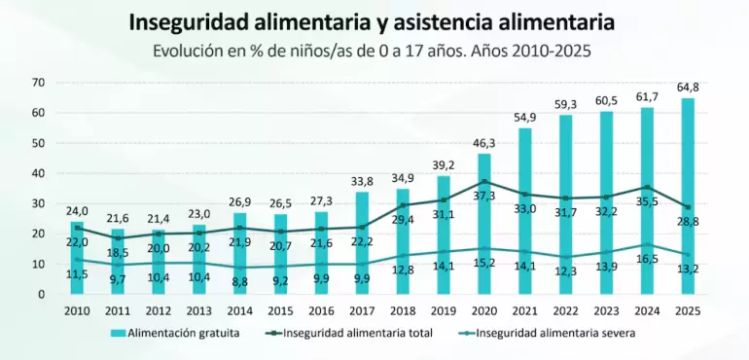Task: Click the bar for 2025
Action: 689,195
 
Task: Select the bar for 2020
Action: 484,224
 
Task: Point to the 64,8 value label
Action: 689,88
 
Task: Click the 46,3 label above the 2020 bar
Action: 484,143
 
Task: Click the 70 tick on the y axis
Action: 38,83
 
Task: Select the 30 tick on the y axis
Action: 38,203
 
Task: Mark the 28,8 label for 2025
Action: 689,223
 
